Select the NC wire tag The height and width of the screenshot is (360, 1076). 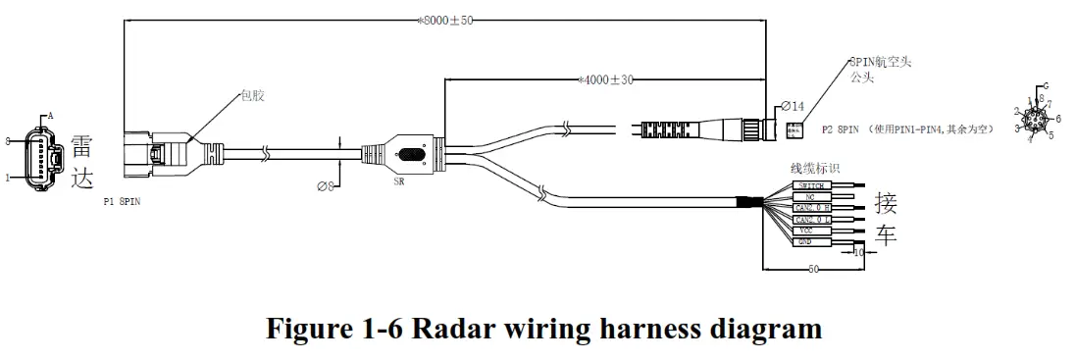(811, 197)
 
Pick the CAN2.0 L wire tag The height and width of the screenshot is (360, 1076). (813, 220)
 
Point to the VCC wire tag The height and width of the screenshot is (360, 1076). (811, 231)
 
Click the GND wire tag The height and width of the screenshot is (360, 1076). (811, 241)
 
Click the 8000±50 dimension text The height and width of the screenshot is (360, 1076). (446, 19)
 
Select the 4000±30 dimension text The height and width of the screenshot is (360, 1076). (606, 79)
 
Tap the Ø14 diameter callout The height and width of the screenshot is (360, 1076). (792, 106)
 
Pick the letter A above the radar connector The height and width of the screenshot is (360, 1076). (50, 116)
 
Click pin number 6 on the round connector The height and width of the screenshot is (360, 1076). (1058, 118)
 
